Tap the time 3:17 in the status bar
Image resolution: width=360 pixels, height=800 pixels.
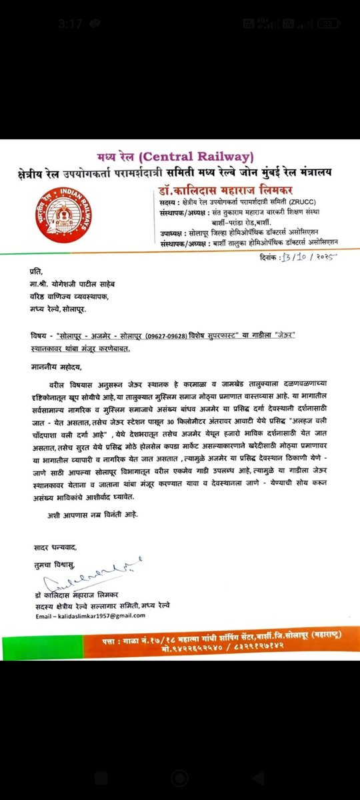coord(69,23)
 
